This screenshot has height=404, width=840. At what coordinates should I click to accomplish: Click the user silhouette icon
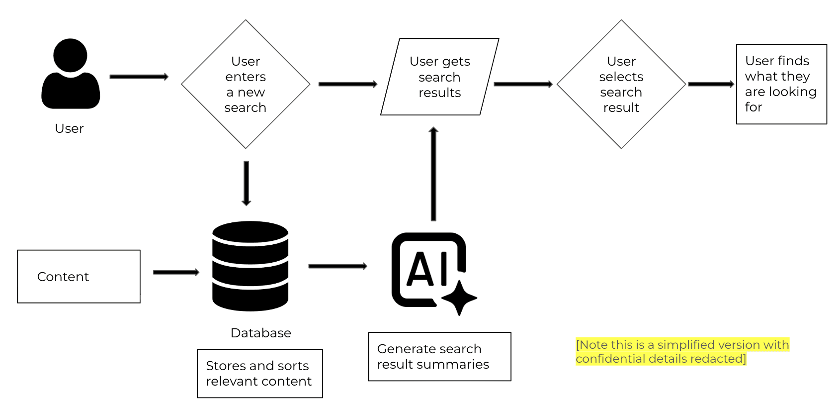point(71,75)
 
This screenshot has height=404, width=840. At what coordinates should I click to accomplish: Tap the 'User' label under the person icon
point(69,128)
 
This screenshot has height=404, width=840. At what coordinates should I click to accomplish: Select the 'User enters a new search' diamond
point(246,84)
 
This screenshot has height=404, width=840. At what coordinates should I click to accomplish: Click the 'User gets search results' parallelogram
point(439,77)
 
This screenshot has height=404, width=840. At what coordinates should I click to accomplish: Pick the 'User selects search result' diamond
point(621,84)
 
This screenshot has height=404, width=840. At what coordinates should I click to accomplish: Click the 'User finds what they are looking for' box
point(781,84)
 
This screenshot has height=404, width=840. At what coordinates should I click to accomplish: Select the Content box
point(79,277)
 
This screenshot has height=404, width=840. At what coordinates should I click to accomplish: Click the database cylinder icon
point(250,266)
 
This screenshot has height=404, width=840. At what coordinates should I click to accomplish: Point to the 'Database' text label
point(260,333)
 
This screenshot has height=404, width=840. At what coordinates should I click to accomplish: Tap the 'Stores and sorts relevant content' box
point(259,374)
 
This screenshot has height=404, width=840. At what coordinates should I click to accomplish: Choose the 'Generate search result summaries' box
point(439,357)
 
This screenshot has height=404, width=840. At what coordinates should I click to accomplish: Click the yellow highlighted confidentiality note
point(682,352)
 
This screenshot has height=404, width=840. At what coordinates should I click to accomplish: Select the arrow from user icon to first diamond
point(139,77)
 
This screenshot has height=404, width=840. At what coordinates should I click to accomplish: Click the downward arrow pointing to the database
point(246,183)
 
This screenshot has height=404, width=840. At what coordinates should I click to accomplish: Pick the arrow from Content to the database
point(176,272)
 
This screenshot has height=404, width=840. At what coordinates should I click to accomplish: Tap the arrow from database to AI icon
point(337,266)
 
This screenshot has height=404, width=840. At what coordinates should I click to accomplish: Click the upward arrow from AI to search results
point(433,174)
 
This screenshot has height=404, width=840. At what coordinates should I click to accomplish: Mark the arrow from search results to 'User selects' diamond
point(523,84)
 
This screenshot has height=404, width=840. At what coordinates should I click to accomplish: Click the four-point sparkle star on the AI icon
point(459,298)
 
